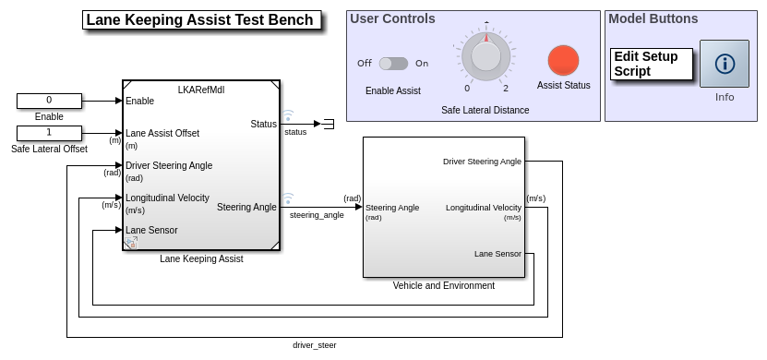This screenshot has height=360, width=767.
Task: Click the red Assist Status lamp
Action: point(564,61)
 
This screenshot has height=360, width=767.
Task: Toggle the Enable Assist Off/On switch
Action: point(393,64)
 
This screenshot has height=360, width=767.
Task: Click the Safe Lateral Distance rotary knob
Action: point(485,56)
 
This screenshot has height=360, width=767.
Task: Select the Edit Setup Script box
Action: point(651,64)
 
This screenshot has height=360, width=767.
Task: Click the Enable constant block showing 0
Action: point(49,101)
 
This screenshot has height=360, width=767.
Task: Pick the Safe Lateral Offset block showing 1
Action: point(49,133)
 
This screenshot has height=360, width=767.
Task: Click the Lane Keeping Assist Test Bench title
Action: point(201,20)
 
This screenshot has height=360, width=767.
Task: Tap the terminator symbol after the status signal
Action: point(329,125)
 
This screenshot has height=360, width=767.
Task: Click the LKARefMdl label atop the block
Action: point(201,90)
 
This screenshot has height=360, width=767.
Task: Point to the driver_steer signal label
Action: point(315,345)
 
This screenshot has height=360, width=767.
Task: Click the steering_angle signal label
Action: point(317,215)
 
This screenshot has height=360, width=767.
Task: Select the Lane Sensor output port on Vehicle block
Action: point(497,254)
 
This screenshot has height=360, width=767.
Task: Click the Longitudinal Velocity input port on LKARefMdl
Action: point(167,198)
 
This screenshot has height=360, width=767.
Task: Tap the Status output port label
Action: point(264,125)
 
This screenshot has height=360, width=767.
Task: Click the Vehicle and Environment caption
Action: point(444,285)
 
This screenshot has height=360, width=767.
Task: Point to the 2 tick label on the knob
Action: point(506,89)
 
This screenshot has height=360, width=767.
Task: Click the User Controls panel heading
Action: point(392,18)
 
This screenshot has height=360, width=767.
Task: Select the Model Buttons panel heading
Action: point(653,18)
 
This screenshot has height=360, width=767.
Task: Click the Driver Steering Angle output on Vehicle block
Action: point(482,162)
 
